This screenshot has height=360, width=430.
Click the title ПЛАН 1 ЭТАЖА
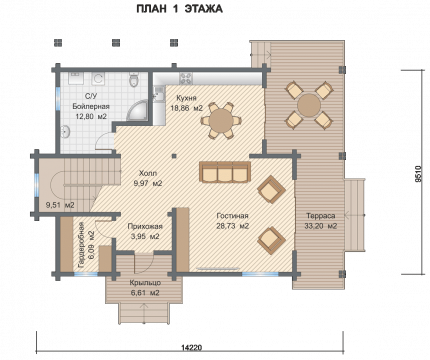coord(179,9)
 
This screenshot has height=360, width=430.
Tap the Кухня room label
coord(186,98)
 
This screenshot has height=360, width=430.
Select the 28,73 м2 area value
coord(233,226)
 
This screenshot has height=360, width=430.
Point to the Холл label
coord(148,173)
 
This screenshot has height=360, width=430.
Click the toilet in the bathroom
coord(134,79)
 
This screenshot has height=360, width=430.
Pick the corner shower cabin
coord(137,110)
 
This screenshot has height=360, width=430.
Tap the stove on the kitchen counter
coord(186,78)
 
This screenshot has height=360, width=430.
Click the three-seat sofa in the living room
coord(225,172)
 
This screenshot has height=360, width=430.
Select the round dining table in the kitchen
coord(220,120)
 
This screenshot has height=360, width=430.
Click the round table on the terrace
coord(309,105)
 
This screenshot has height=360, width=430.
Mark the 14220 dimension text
coord(192,348)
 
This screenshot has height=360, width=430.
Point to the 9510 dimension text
coord(419,174)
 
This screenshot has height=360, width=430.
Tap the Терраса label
coord(321,216)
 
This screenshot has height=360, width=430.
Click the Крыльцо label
coord(145,283)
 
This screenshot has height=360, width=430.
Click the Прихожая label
coord(145,226)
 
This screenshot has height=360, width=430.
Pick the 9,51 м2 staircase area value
coord(60,205)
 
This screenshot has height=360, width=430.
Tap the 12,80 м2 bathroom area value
coord(91,116)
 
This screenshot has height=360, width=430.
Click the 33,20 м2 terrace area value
coord(321,226)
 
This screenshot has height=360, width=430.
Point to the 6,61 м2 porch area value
coord(145,293)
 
